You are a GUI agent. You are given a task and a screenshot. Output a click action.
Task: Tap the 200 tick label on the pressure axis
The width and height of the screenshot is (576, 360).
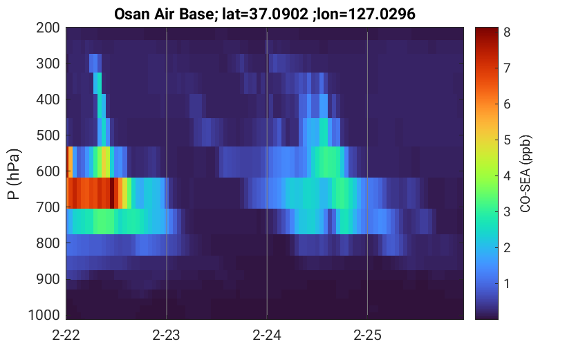[48, 28]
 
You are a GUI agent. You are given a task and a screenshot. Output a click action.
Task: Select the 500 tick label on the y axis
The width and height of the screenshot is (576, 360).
[48, 135]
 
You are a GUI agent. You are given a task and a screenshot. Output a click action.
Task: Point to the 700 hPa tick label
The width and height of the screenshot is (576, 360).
[48, 207]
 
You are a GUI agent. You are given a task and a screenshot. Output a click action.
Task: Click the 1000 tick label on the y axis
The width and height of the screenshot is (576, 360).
[44, 315]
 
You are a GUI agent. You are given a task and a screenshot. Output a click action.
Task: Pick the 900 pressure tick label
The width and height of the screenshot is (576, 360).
[48, 279]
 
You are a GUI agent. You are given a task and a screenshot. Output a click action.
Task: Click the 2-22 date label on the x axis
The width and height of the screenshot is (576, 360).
[66, 335]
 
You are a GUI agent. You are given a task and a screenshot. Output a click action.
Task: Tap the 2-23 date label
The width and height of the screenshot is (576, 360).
[167, 335]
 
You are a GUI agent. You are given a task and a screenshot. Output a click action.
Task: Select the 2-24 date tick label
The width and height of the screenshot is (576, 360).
[267, 335]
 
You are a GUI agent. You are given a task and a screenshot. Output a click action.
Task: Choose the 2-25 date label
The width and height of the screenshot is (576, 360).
[367, 335]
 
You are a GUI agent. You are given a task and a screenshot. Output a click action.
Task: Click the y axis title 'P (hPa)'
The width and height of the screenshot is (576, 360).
[14, 174]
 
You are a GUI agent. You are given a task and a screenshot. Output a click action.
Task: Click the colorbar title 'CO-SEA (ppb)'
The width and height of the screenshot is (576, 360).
[526, 173]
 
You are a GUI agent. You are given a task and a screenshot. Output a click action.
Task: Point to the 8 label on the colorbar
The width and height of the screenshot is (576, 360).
[507, 32]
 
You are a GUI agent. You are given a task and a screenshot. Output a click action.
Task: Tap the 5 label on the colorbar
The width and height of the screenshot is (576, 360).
[507, 140]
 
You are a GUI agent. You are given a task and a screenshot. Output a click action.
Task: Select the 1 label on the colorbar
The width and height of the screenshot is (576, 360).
[507, 283]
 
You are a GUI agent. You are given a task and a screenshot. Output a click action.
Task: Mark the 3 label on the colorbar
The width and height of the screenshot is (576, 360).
[507, 211]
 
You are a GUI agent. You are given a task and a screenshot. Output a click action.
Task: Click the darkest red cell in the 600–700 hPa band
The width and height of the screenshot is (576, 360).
[112, 193]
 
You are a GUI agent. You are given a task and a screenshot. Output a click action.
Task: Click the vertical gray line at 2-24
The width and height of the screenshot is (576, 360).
[267, 173]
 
